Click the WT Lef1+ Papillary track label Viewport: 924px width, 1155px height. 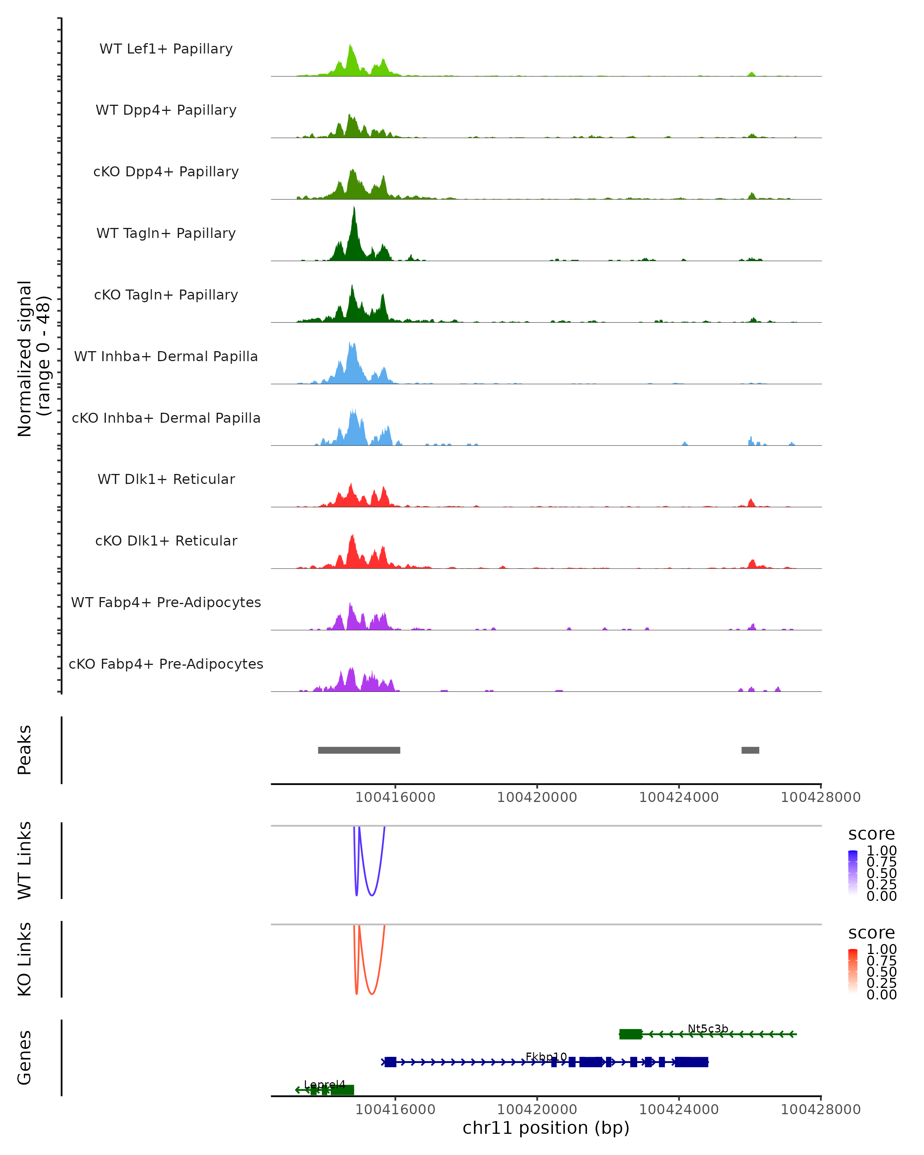pos(166,49)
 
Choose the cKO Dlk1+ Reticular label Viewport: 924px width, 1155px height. pos(166,541)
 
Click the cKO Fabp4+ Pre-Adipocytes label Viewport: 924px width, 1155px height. pos(166,664)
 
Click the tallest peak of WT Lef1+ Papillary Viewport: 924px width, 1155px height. pos(350,46)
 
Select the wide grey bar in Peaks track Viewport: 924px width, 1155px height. pos(359,750)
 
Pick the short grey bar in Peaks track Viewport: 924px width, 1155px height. pos(750,750)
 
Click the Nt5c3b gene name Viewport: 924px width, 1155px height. pos(708,1029)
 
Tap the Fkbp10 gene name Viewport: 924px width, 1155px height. pos(546,1056)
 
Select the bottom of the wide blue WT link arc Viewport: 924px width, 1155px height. pos(372,895)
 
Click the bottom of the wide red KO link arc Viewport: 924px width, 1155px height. pos(372,994)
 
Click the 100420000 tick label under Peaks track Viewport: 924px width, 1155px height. pos(537,797)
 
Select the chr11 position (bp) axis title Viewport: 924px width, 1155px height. pos(546,1128)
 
